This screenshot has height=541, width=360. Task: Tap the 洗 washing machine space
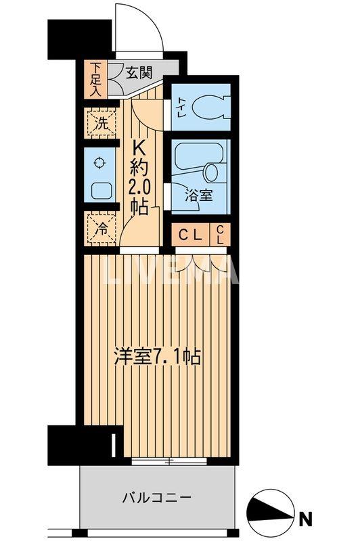[x=99, y=124]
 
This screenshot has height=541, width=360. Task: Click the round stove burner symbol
[x=100, y=162]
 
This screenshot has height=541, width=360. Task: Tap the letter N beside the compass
[x=307, y=519]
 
